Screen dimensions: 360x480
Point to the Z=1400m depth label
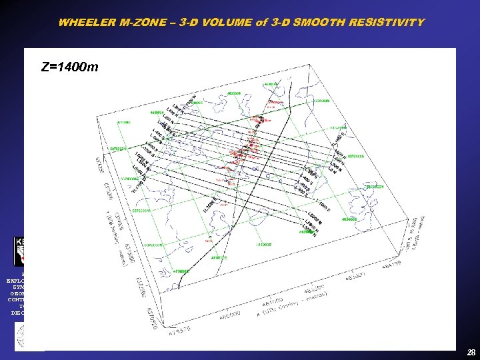click(x=69, y=67)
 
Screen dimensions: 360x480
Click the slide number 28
click(x=471, y=352)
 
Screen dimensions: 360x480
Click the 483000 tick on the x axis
click(x=357, y=275)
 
